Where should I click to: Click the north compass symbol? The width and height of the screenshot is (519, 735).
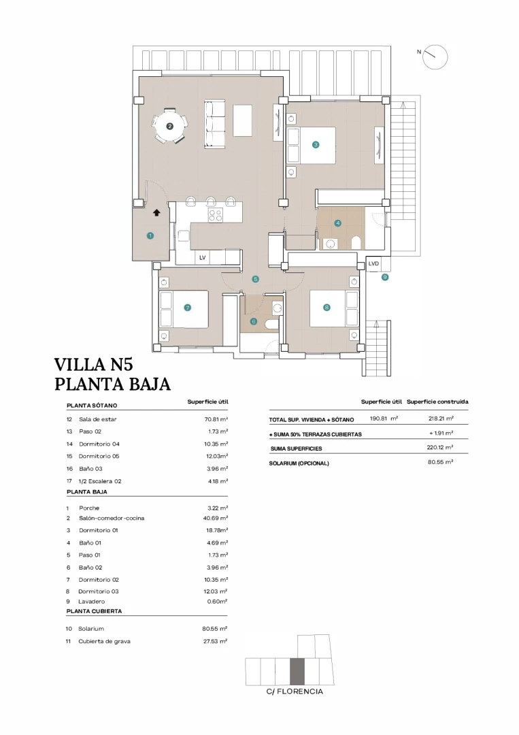pos(435,56)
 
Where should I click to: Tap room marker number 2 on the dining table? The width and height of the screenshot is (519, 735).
pos(170,126)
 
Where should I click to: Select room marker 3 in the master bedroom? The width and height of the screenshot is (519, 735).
pos(316,144)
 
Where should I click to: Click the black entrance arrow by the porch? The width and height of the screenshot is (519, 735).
pos(157,213)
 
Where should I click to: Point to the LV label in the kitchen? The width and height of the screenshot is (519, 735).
pos(202,258)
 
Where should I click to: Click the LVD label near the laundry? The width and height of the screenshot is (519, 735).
pos(373,263)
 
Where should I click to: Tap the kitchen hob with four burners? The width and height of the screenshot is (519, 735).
pos(216,215)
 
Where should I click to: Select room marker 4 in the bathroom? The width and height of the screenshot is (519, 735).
pos(337,223)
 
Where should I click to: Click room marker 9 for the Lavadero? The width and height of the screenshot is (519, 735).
pos(384,277)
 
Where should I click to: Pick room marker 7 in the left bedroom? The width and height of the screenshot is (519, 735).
pos(187,308)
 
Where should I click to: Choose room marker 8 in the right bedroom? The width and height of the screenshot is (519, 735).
pos(327,308)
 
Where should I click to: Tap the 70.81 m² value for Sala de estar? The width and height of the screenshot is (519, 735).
pos(214,419)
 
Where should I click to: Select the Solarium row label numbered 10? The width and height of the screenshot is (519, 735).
pos(91,629)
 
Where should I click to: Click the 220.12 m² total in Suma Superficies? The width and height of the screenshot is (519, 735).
pos(440,448)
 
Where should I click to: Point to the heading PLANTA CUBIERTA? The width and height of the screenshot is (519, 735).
pos(94,611)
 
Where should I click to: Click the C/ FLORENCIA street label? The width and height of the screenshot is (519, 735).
pos(295,691)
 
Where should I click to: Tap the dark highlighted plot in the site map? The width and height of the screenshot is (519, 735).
pos(297,671)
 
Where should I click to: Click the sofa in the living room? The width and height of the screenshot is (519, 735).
pos(215,124)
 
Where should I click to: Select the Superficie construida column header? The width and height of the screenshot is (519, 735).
pos(437,402)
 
